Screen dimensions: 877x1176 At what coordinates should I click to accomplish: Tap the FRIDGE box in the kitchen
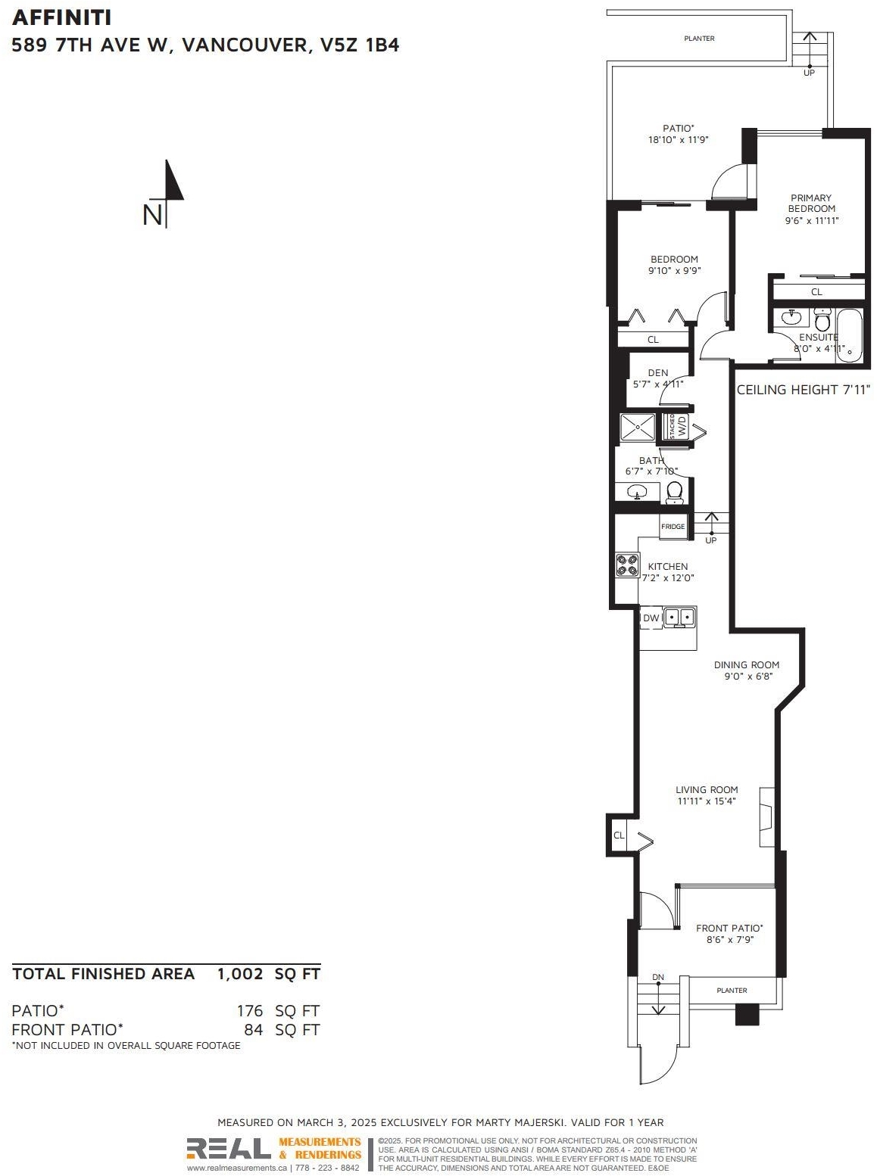[673, 527]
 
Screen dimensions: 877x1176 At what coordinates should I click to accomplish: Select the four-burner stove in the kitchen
[627, 564]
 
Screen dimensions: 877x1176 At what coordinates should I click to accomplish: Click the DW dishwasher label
[651, 618]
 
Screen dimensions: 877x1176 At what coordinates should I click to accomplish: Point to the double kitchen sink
[679, 618]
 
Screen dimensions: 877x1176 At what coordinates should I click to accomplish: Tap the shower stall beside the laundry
[638, 427]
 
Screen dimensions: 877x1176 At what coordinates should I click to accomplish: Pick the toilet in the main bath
[674, 492]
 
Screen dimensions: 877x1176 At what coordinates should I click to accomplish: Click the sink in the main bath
[636, 492]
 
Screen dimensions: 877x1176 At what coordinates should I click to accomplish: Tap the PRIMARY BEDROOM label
[811, 203]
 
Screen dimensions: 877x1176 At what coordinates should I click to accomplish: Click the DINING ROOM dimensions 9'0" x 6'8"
[748, 676]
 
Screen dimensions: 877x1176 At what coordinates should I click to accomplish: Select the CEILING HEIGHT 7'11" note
[804, 390]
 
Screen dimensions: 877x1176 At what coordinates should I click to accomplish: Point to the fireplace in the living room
[766, 817]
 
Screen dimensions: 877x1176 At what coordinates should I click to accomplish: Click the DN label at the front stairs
[657, 977]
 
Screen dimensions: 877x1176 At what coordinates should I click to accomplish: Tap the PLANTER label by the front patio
[732, 991]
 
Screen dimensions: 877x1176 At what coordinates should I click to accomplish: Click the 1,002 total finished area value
[240, 974]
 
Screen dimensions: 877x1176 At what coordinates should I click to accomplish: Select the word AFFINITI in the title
[61, 18]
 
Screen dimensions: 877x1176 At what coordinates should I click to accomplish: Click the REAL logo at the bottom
[228, 1148]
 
